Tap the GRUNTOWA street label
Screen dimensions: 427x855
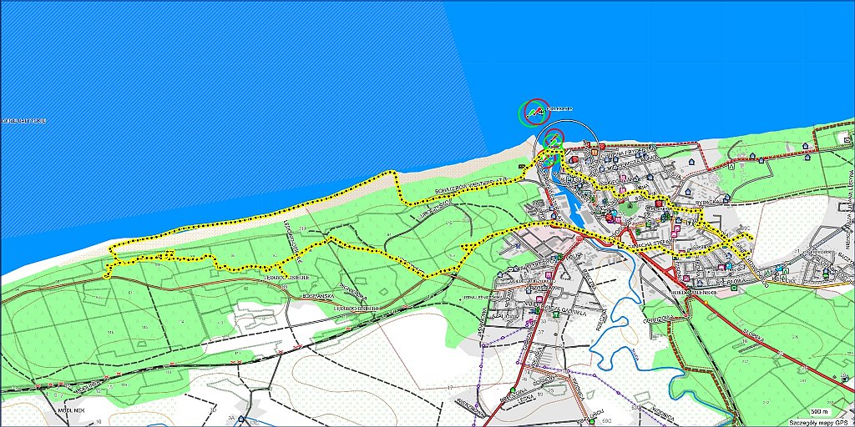coord(663,318)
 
